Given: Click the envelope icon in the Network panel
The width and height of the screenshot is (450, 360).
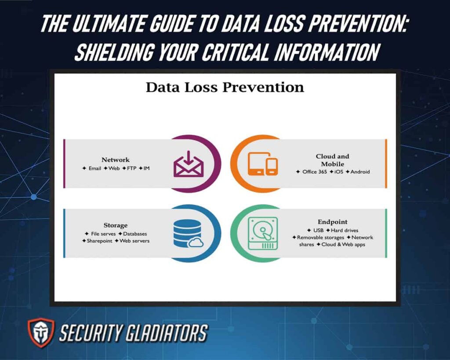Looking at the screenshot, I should point(189,164).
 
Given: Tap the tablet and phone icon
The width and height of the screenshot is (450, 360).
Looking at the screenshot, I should point(262,164).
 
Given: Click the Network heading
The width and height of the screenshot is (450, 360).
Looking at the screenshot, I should point(116,160).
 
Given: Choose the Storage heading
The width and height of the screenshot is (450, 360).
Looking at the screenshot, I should point(116,225).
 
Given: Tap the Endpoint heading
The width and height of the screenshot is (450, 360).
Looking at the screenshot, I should point(333,222).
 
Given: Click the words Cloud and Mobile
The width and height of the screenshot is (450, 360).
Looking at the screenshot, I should point(333,160).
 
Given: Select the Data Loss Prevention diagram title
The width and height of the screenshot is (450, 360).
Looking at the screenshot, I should point(225,87).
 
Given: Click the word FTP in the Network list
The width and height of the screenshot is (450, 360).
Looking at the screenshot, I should point(132,168).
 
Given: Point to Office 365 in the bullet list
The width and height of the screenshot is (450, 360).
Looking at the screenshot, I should point(315,172).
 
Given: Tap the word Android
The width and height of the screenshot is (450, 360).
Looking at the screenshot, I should point(360,172).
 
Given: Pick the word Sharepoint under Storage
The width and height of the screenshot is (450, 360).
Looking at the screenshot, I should point(100,241).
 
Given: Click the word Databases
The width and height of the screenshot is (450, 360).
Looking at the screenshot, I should point(135,234).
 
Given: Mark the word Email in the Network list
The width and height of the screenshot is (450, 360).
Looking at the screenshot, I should point(94,168).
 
